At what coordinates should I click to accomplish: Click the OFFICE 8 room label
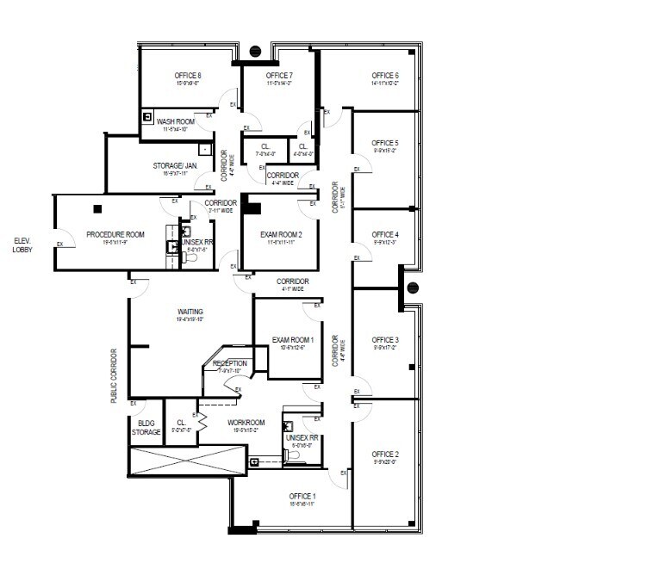point(187,76)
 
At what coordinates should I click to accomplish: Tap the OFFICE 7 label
point(279,76)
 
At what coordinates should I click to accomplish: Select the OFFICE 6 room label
point(385,76)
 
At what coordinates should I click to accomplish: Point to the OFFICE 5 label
point(384,143)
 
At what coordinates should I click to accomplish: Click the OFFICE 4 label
point(384,235)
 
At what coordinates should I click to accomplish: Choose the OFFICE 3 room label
point(384,340)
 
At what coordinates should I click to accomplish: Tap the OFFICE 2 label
point(384,454)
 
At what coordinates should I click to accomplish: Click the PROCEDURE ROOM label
point(115,234)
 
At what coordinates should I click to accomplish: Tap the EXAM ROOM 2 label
point(281,234)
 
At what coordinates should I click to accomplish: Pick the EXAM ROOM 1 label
point(293,340)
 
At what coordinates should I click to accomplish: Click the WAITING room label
point(190,312)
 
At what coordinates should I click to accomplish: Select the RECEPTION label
point(230,363)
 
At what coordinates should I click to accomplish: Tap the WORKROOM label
point(246,423)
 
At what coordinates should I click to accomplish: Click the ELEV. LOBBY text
point(22,244)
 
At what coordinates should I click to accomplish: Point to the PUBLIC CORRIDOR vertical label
point(114,376)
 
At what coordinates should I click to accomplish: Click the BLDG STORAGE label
point(146,427)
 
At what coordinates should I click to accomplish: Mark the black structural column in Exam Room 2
point(252,206)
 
